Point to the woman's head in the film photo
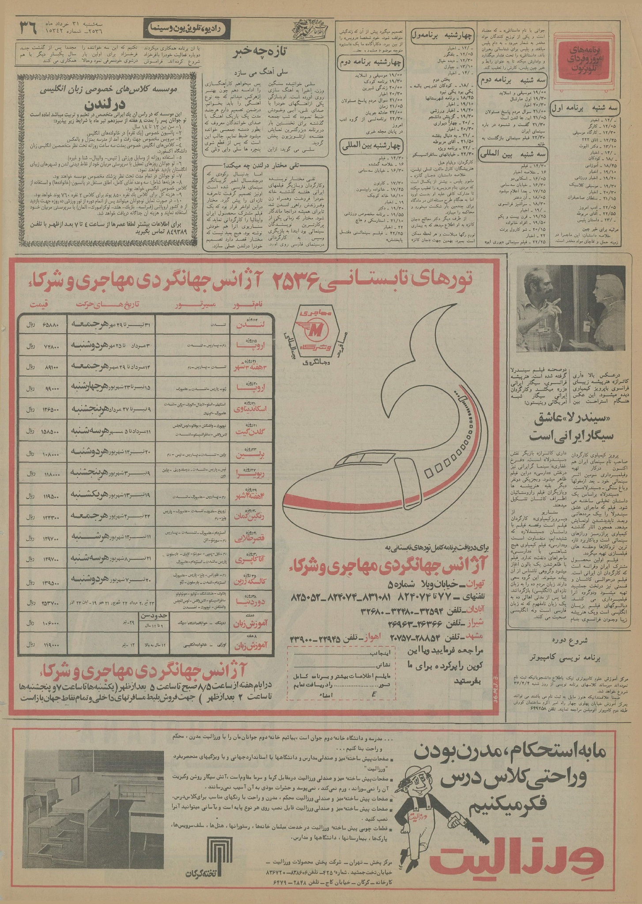point(603,289)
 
